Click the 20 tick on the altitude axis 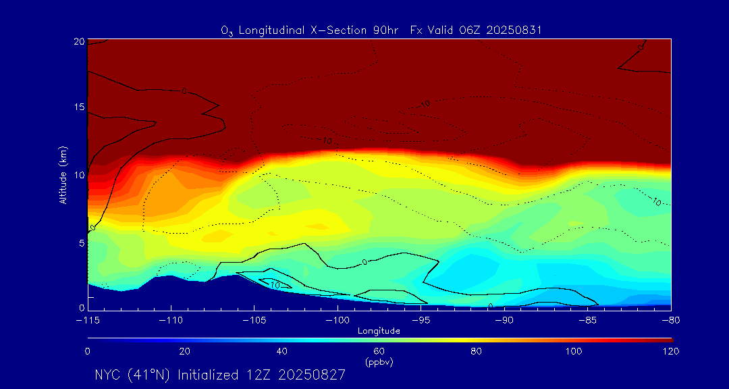[x=79, y=41]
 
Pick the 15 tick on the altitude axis [x=79, y=108]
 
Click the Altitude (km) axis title [x=63, y=175]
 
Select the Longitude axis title [x=379, y=331]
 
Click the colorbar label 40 [x=281, y=351]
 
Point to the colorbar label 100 [x=573, y=351]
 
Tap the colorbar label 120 [x=670, y=351]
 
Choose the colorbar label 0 [x=88, y=351]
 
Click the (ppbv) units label [x=379, y=362]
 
